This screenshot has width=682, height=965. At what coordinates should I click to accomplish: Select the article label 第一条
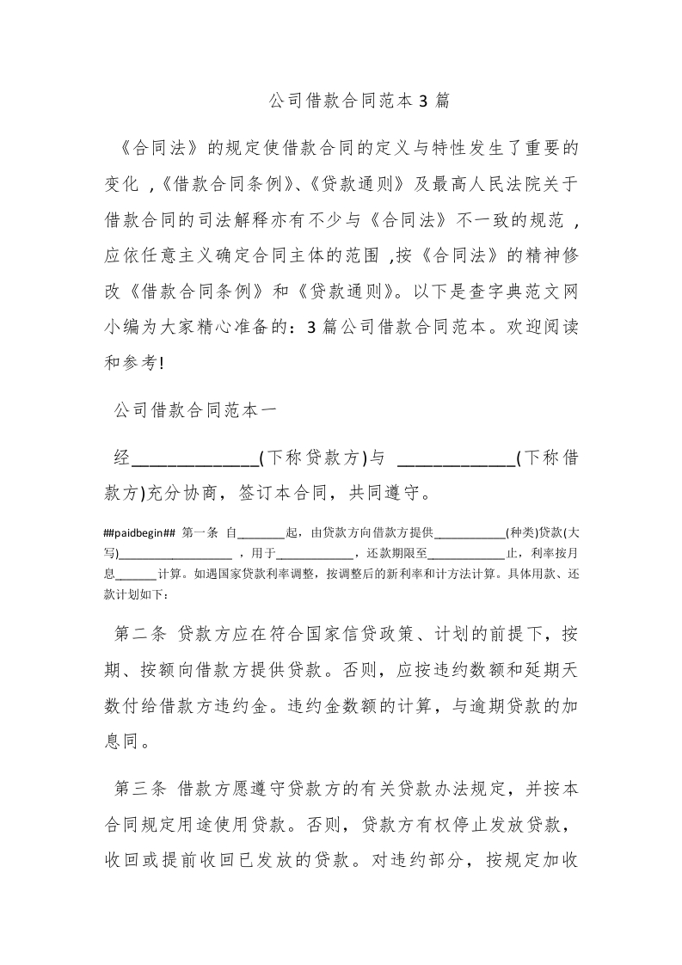201,534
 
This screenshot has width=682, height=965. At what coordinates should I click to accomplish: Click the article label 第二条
142,635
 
